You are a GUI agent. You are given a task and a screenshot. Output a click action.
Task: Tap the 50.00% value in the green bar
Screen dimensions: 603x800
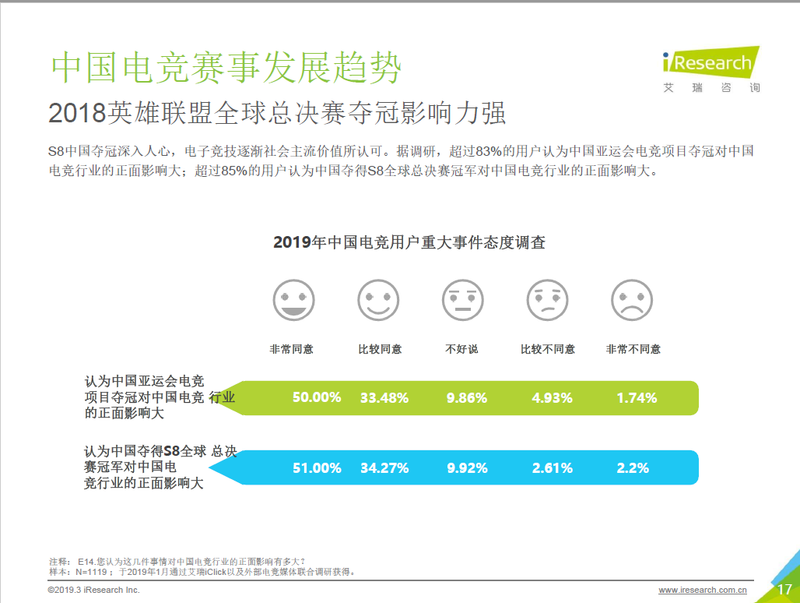(x=317, y=397)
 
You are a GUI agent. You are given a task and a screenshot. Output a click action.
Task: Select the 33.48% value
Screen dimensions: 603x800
(x=384, y=398)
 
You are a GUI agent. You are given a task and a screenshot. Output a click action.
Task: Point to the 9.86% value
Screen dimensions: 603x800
(x=467, y=398)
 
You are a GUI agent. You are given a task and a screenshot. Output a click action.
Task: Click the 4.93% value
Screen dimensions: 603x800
(x=552, y=398)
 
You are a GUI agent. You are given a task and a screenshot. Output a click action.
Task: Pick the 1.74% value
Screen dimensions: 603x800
(x=637, y=398)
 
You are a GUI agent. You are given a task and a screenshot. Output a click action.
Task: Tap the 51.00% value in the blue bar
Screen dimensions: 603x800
(x=317, y=468)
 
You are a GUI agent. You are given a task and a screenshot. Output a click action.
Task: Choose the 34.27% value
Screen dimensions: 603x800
(x=384, y=468)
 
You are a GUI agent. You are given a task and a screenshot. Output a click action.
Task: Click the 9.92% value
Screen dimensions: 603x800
(x=467, y=468)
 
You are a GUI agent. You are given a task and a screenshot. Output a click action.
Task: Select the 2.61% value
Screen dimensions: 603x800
(x=552, y=468)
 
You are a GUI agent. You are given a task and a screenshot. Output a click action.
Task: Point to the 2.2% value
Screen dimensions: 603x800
(x=633, y=468)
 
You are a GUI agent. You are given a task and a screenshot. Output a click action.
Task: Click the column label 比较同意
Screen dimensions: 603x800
(x=379, y=349)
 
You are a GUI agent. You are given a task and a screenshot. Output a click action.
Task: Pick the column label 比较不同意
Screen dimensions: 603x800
(x=548, y=349)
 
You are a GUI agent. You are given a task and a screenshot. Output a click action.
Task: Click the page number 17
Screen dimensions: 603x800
(x=784, y=590)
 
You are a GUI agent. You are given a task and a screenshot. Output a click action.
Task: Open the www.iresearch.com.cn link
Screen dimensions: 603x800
(x=703, y=591)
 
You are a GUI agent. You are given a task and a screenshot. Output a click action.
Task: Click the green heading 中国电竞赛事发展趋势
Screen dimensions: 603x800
(x=226, y=69)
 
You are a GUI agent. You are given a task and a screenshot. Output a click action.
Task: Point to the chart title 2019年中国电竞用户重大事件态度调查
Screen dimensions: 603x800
(x=409, y=242)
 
